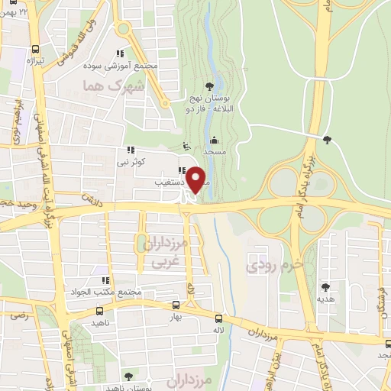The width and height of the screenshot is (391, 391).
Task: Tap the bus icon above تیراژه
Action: coord(33,46)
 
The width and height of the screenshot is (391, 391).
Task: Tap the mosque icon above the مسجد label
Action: coord(213,140)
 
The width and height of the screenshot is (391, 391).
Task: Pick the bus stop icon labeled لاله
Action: coord(219,318)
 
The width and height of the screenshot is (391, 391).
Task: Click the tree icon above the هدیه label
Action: coord(326,286)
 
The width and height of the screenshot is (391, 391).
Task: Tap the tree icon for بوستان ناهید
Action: coord(128,375)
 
